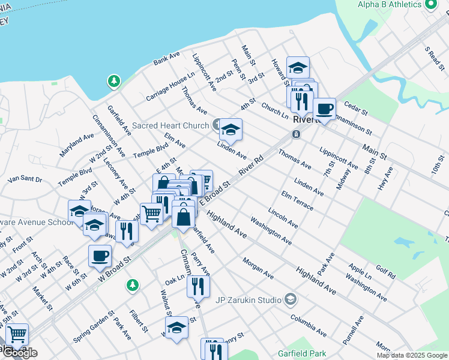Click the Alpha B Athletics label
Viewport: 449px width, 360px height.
(390, 4)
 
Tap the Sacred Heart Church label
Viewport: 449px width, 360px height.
(170, 125)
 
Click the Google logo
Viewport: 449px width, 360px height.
(19, 353)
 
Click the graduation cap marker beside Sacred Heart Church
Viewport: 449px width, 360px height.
(231, 130)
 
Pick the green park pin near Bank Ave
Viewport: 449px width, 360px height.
(113, 80)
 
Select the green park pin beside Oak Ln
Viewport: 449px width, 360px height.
(135, 283)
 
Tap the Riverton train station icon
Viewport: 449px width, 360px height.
(296, 134)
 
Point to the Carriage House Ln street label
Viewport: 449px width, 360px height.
(170, 88)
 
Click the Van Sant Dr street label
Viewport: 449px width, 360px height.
(25, 179)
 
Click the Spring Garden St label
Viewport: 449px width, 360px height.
(94, 326)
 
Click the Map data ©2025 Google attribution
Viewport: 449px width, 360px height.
(412, 355)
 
